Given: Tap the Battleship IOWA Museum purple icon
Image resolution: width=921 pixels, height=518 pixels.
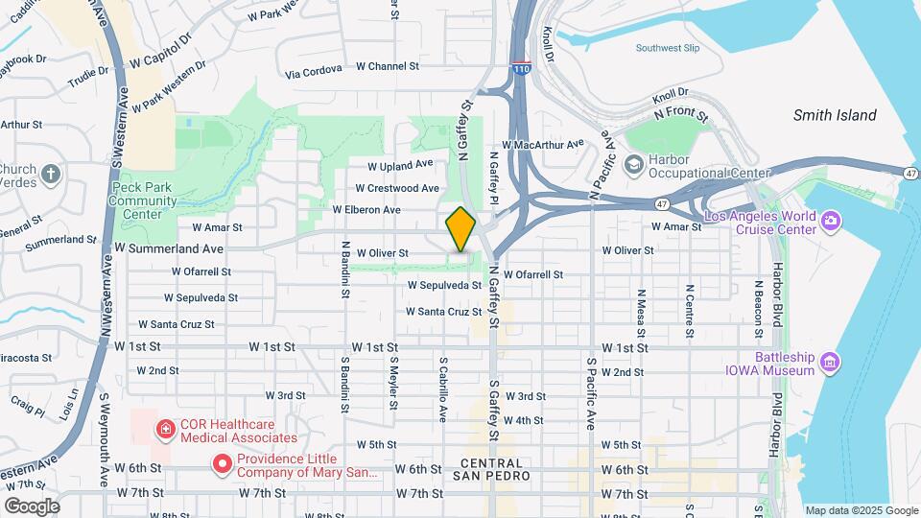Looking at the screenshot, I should [x=831, y=362].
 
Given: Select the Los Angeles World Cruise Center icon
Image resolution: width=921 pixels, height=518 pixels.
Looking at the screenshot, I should [x=831, y=223].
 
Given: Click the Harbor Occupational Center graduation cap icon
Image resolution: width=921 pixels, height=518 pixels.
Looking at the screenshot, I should [x=633, y=165].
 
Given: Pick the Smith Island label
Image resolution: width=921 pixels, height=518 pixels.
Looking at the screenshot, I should [x=834, y=115].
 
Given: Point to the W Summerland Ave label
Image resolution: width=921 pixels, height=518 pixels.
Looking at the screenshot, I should [x=169, y=247].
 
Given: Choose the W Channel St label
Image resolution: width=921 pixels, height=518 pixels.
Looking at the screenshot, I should [x=388, y=66].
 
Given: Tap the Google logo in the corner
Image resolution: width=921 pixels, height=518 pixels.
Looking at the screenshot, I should [x=32, y=506].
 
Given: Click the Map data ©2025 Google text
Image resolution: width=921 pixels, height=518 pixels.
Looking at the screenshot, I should [x=861, y=510].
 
